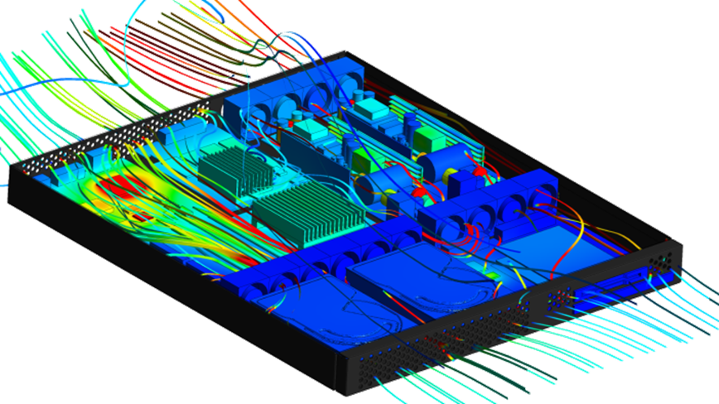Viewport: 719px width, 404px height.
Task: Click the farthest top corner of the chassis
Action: pos(345,51)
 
